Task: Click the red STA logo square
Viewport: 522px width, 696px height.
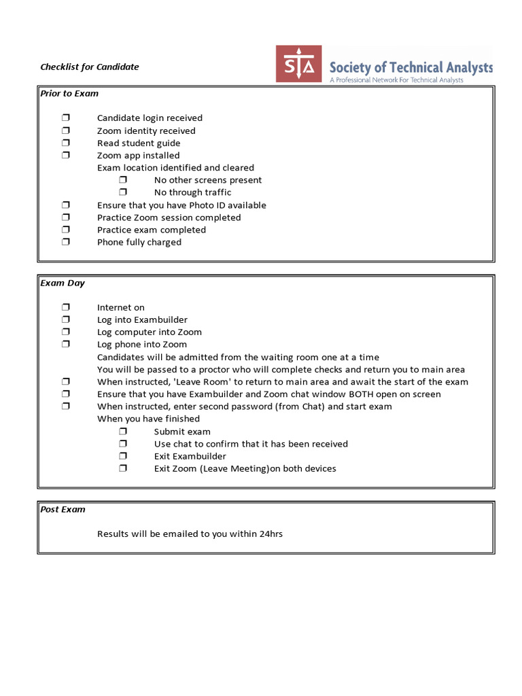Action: coord(298,64)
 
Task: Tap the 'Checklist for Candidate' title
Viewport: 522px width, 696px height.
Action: coord(89,67)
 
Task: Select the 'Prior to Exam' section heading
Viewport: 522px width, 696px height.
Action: coord(69,93)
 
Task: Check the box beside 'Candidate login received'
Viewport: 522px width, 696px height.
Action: coord(66,118)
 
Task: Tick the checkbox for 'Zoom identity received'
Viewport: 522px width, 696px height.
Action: coord(66,130)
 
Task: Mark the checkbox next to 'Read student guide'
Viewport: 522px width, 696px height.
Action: coord(66,143)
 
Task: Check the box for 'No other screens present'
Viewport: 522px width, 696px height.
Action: coord(123,180)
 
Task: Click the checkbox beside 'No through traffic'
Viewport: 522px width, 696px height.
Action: coord(123,192)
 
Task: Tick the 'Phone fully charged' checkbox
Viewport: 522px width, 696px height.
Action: coord(66,242)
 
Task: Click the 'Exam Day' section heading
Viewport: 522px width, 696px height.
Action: coord(63,283)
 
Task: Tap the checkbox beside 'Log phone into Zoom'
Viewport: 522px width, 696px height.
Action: coord(66,345)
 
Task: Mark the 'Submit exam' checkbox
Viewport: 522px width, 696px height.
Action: coord(123,432)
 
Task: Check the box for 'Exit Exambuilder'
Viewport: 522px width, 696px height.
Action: coord(123,456)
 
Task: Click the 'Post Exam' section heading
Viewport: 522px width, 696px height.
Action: coord(63,509)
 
